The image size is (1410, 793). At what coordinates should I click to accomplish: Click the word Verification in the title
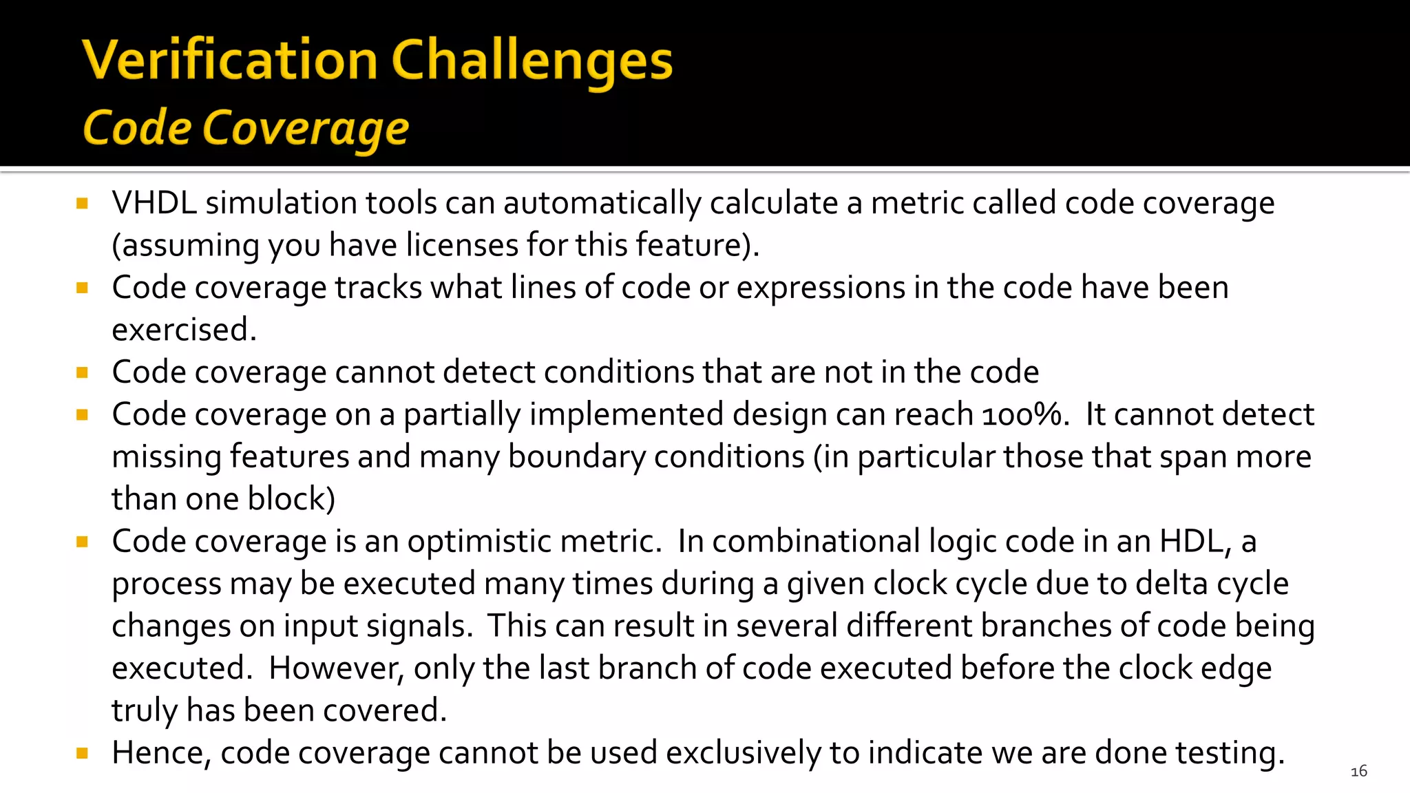coord(230,61)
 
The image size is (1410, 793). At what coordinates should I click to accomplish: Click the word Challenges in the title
coord(532,61)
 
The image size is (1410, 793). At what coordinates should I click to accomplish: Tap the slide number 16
coord(1358,771)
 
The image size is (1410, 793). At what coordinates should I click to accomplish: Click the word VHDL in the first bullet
coord(154,203)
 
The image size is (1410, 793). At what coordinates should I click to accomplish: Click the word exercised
coord(183,330)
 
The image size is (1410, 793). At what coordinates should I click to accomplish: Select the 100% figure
coord(1022,414)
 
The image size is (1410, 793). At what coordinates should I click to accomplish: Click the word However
coord(335,668)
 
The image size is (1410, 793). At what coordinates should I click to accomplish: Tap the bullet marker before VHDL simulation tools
coord(83,203)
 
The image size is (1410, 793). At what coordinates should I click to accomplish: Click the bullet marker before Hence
coord(83,753)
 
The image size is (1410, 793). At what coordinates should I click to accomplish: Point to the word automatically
coord(602,203)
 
